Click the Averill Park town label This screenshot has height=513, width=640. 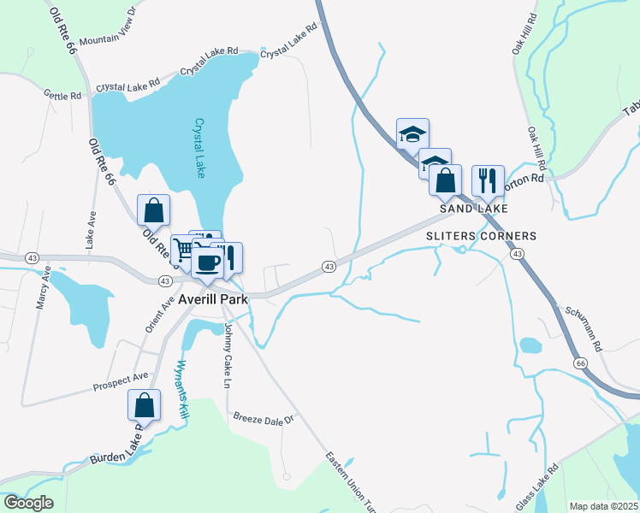pyautogui.click(x=214, y=300)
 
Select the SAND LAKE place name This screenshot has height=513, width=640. pyautogui.click(x=474, y=209)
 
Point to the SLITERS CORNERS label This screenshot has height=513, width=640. pyautogui.click(x=481, y=236)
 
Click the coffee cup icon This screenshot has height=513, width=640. pyautogui.click(x=206, y=260)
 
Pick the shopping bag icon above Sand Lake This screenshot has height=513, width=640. pyautogui.click(x=445, y=180)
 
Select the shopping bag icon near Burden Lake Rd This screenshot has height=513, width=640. pyautogui.click(x=145, y=405)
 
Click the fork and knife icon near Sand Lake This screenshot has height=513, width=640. pyautogui.click(x=488, y=180)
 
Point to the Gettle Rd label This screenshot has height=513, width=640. pyautogui.click(x=62, y=95)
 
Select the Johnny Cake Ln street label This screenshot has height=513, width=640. pyautogui.click(x=228, y=355)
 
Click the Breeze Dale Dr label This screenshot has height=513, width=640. pyautogui.click(x=264, y=419)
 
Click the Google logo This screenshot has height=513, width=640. pyautogui.click(x=29, y=502)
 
